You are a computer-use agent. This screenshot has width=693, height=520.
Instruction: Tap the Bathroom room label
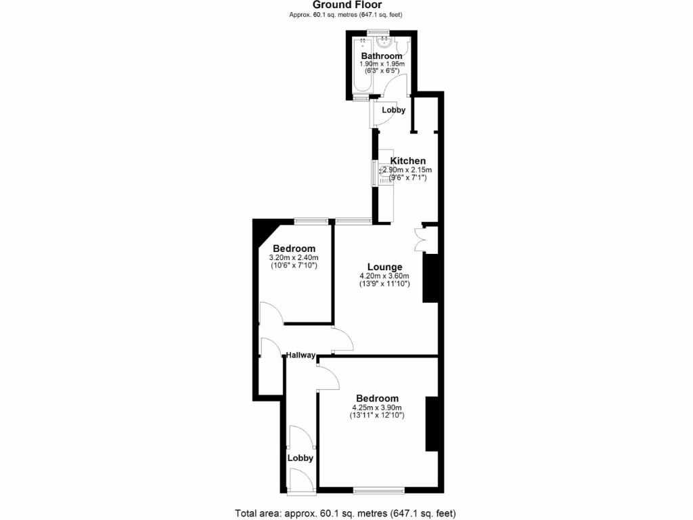[382, 56]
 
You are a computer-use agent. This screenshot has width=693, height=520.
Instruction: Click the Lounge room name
[384, 267]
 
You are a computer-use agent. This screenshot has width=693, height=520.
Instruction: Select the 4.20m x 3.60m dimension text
[384, 276]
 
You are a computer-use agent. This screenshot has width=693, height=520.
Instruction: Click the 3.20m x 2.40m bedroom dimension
[294, 258]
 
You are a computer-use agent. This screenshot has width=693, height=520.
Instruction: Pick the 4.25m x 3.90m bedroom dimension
[377, 408]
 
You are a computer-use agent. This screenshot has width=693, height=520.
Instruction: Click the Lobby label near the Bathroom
[393, 110]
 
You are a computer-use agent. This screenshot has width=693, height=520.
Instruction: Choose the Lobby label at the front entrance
[300, 458]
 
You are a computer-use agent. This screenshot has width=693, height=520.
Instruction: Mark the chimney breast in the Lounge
[430, 278]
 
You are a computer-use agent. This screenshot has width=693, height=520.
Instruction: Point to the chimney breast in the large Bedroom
[431, 424]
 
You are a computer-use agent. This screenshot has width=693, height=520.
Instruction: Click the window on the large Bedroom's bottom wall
[378, 490]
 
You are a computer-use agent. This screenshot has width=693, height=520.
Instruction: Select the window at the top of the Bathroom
[378, 32]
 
